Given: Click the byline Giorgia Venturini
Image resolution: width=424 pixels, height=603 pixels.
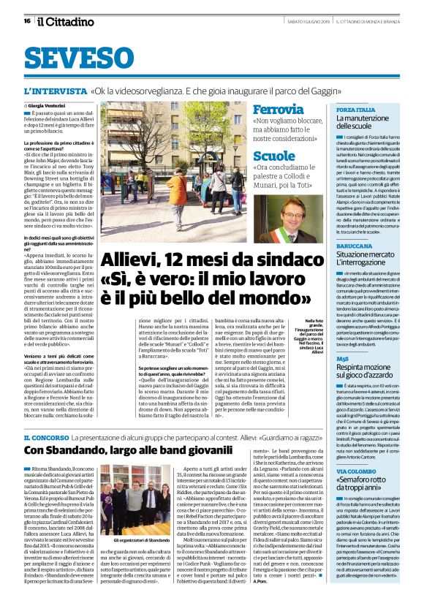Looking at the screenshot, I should coord(48,106).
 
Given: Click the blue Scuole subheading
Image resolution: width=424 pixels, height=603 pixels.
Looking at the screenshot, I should coord(274,156).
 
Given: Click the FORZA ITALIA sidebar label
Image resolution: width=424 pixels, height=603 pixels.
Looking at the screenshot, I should coord(355,109).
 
